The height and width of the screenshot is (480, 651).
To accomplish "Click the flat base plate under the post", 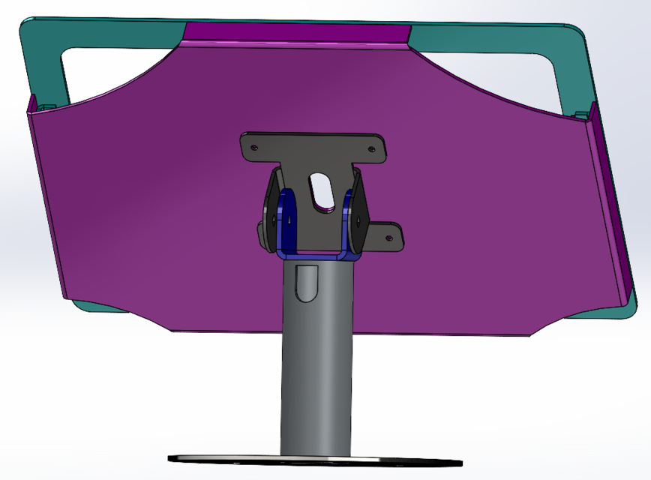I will (315, 458).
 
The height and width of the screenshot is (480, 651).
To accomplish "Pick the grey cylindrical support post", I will (316, 360).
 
